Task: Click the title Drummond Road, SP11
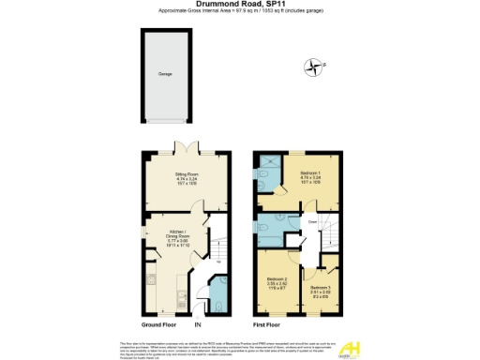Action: [x=239, y=6]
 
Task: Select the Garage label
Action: [x=165, y=74]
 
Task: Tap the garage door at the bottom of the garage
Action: [x=165, y=122]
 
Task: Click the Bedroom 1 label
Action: [x=310, y=175]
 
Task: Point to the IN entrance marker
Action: [x=198, y=324]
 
